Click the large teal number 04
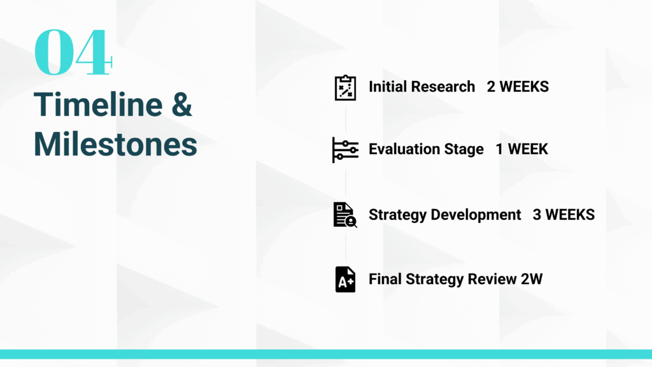[x=73, y=52]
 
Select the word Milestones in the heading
[x=115, y=145]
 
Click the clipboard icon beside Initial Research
[x=346, y=87]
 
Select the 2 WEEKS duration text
[x=518, y=87]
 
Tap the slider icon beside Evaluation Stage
[x=345, y=150]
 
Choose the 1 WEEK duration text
[x=522, y=149]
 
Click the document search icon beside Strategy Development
[x=345, y=215]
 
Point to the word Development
[x=476, y=215]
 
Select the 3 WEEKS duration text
[x=564, y=215]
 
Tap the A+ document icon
[x=345, y=279]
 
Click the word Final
[x=385, y=279]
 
